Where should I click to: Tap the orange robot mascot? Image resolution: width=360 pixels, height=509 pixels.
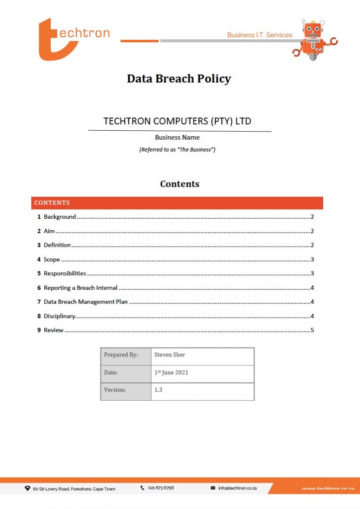[313, 39]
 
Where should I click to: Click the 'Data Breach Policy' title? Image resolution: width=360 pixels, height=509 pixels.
[179, 79]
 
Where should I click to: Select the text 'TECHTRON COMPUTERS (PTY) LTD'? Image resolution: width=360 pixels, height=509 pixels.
[177, 121]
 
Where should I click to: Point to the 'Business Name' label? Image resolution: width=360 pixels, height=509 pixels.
[177, 137]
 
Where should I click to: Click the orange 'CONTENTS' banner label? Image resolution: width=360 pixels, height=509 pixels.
[52, 203]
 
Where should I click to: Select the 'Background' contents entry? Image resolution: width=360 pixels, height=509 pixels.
[60, 217]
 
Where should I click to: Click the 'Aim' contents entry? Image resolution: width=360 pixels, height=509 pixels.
[49, 231]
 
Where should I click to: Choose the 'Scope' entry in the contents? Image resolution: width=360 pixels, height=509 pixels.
[52, 259]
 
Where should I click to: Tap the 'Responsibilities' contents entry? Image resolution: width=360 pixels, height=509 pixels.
[65, 273]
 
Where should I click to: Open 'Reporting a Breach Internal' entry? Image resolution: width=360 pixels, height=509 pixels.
[81, 288]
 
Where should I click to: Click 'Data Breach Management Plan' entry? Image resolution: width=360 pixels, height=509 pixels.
[86, 302]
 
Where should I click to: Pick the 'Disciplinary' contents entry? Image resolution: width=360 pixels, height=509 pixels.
[59, 316]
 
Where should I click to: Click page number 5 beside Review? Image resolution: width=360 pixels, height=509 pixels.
[312, 330]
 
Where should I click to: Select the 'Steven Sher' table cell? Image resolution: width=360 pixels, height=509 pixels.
[170, 355]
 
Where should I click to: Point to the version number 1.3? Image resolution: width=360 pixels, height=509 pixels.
[159, 390]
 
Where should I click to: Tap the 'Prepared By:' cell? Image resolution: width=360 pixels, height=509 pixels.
[121, 355]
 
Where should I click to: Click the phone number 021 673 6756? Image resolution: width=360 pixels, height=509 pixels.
[161, 488]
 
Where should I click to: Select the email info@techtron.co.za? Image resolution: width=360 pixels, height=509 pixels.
[237, 488]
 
